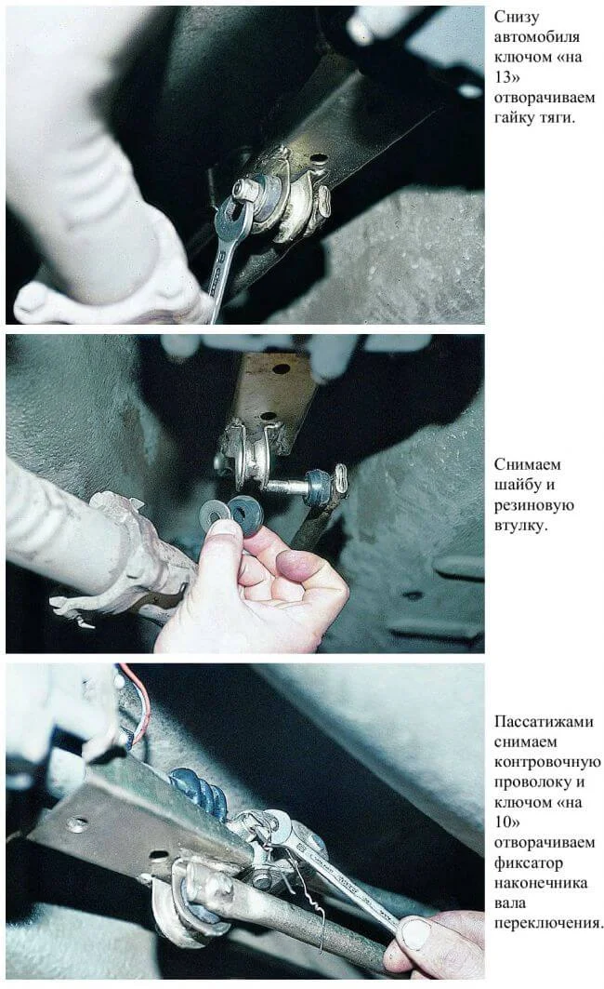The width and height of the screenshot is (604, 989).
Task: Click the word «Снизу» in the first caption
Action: coord(517,17)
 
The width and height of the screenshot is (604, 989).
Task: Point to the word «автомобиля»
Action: coord(537,37)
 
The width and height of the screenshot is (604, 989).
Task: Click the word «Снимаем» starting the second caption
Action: coord(527,465)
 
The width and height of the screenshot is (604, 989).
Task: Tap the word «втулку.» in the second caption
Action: coord(521,526)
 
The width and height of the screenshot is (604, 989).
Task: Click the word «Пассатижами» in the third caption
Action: coord(544,722)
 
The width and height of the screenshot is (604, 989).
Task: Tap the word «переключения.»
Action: coord(548,923)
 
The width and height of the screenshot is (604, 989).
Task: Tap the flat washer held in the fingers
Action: coord(215,512)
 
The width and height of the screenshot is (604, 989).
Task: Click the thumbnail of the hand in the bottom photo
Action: coord(415,933)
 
